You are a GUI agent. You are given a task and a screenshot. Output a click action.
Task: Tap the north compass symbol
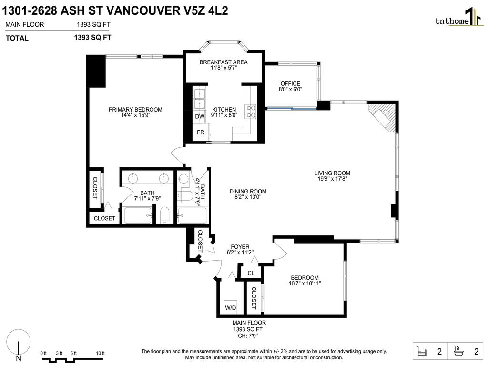pos(19,344)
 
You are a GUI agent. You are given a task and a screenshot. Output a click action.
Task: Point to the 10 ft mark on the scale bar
pos(100,353)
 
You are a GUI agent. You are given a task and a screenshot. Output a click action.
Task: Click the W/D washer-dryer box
pos(231,307)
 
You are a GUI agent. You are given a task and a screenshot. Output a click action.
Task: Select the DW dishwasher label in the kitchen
pos(200,116)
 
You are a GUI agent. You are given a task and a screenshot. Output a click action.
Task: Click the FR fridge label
pos(201,132)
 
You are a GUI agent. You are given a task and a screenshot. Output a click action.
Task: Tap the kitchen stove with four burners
pos(250,111)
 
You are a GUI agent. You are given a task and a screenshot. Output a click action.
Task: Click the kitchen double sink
pos(199,97)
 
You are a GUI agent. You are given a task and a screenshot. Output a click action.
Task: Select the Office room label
pos(290,84)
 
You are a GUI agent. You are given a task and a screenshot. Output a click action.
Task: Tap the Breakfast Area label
pos(224,62)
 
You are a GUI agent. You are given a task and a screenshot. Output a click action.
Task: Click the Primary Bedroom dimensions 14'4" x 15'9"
pos(135,115)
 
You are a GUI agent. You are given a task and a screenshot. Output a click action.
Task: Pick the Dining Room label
pos(248,192)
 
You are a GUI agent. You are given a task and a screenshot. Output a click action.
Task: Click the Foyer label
pos(240,246)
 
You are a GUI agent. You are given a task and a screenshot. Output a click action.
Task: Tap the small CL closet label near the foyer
pos(251,273)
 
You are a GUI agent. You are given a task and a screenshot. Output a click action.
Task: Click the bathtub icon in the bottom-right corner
pos(460,352)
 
